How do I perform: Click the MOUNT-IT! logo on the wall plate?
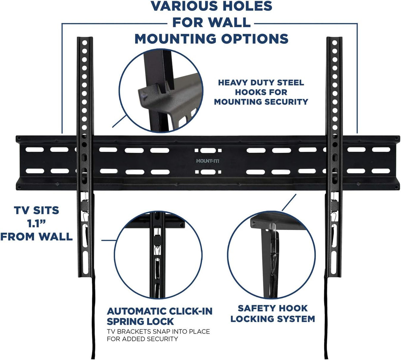click(205, 161)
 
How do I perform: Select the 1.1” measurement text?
click(36, 223)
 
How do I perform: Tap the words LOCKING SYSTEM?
click(273, 319)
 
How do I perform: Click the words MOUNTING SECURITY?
click(261, 102)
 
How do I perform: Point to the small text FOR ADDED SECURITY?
click(142, 339)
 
